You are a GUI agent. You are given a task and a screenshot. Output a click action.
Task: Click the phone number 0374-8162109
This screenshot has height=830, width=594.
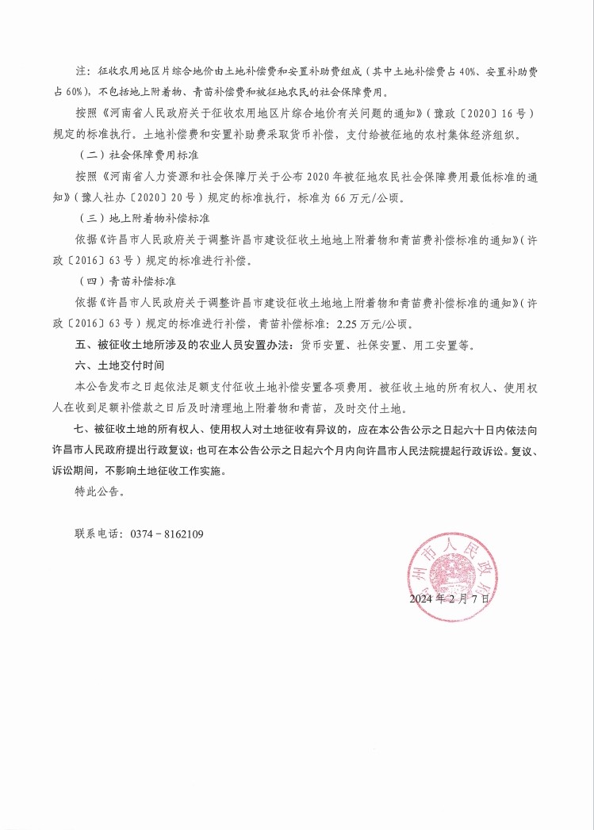coord(167,534)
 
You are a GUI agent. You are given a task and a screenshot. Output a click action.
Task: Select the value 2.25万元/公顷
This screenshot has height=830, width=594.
coord(371,324)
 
